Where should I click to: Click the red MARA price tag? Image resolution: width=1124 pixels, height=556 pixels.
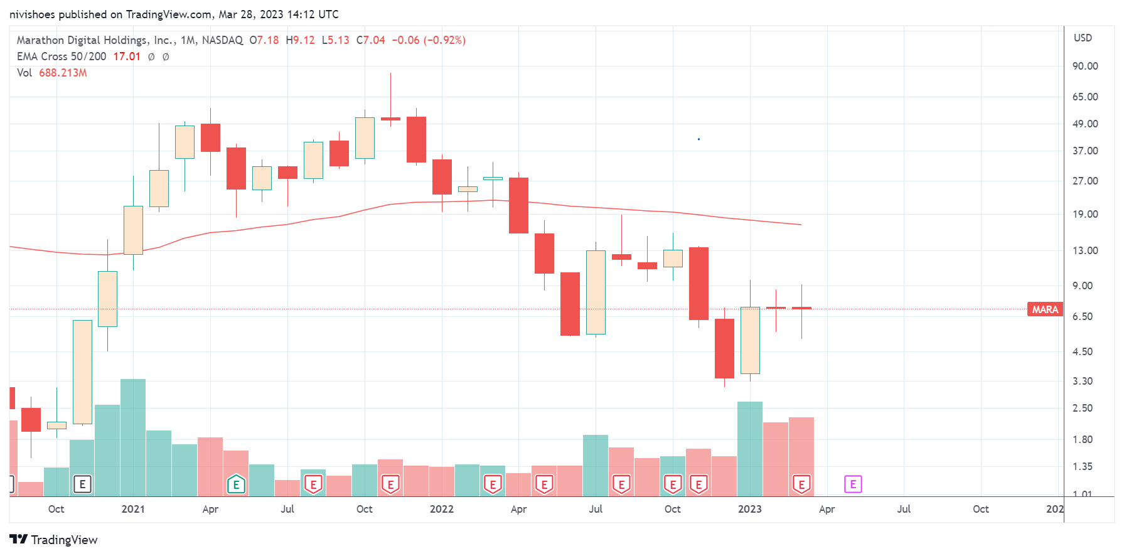point(1045,309)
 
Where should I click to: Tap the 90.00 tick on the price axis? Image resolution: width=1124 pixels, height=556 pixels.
point(1085,66)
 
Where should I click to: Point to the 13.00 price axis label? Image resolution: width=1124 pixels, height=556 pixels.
point(1085,250)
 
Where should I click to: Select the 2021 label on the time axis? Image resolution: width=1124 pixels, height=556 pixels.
point(133,509)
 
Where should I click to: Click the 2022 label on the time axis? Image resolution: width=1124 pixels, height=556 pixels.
point(441,509)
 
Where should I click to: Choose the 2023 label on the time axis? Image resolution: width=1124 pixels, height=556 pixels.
point(749,509)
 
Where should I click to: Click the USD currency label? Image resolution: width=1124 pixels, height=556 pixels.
point(1083,38)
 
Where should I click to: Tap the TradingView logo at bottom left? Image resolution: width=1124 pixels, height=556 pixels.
point(53,540)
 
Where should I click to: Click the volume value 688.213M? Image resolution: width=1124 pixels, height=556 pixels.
point(63,73)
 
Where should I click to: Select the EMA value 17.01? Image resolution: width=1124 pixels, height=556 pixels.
point(127,56)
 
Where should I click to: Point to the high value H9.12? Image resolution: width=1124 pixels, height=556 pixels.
point(300,40)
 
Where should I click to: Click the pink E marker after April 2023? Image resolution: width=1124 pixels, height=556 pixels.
point(853,484)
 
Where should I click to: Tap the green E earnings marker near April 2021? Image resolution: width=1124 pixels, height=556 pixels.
point(236,484)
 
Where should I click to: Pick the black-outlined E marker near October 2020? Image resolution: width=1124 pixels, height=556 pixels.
point(82,484)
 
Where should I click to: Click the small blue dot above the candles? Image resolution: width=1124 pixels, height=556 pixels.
point(698,139)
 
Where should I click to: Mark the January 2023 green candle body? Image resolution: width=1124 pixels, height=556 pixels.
point(750,340)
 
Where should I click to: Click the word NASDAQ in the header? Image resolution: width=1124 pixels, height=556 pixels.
point(222,40)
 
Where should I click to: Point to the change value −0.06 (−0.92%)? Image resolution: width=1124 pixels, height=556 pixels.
point(429,40)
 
